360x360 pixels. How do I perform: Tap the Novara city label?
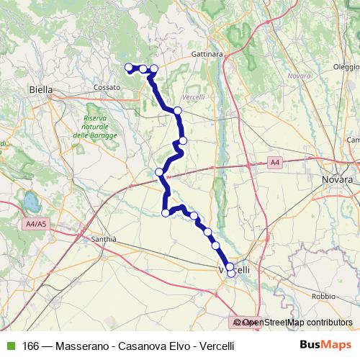(337, 179)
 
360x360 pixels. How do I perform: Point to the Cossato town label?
(106, 87)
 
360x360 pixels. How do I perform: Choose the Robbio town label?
(324, 296)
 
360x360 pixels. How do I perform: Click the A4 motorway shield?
(275, 163)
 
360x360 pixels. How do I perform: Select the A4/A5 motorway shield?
(35, 224)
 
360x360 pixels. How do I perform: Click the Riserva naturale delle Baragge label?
(90, 127)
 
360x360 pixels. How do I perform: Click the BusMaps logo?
(325, 345)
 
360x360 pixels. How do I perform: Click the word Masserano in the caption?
(78, 345)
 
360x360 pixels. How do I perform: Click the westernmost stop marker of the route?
(130, 68)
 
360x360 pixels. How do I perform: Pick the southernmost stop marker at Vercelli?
(231, 274)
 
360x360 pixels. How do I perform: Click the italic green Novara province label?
(298, 76)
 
